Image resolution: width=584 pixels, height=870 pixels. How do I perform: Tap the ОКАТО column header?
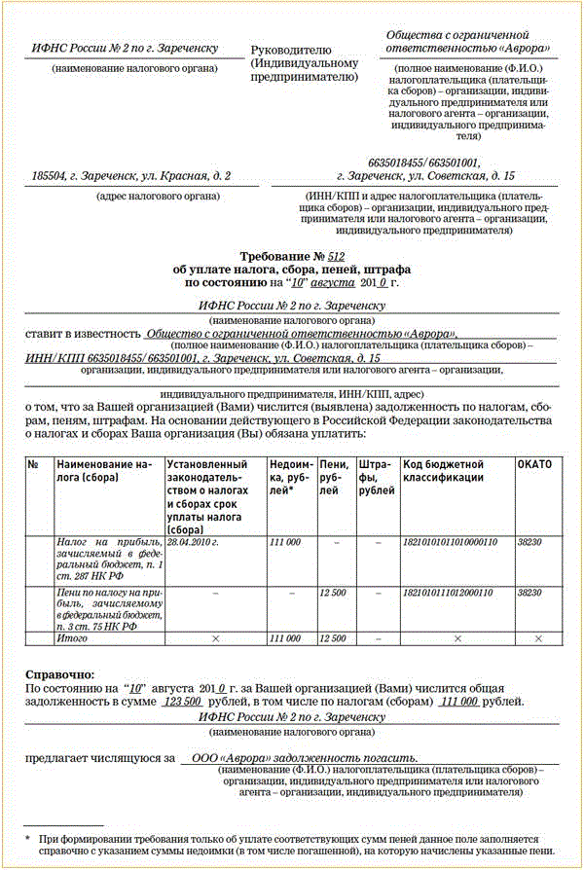click(x=534, y=465)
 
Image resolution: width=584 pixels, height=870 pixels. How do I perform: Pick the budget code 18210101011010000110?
click(x=450, y=540)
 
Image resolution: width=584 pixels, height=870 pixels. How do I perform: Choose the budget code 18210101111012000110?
click(x=450, y=592)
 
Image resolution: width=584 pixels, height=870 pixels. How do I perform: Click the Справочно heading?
click(x=59, y=672)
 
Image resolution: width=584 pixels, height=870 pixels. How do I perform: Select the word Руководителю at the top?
click(x=291, y=50)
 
